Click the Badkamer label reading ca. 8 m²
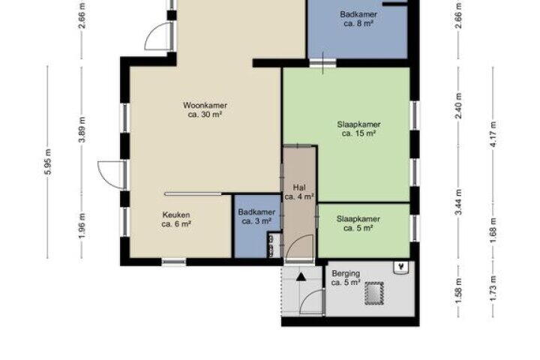point(358,19)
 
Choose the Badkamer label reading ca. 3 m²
point(256,217)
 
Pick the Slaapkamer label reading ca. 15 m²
point(358,129)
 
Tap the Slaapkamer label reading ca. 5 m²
point(358,223)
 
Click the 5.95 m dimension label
point(48,161)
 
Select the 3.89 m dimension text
point(82,130)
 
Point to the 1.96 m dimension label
point(82,226)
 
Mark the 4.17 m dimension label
point(493,134)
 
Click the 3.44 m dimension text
point(458,202)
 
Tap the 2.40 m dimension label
point(458,106)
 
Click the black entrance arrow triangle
point(301,277)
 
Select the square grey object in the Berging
point(374,293)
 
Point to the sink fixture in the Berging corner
point(400,267)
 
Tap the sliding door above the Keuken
point(193,194)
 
